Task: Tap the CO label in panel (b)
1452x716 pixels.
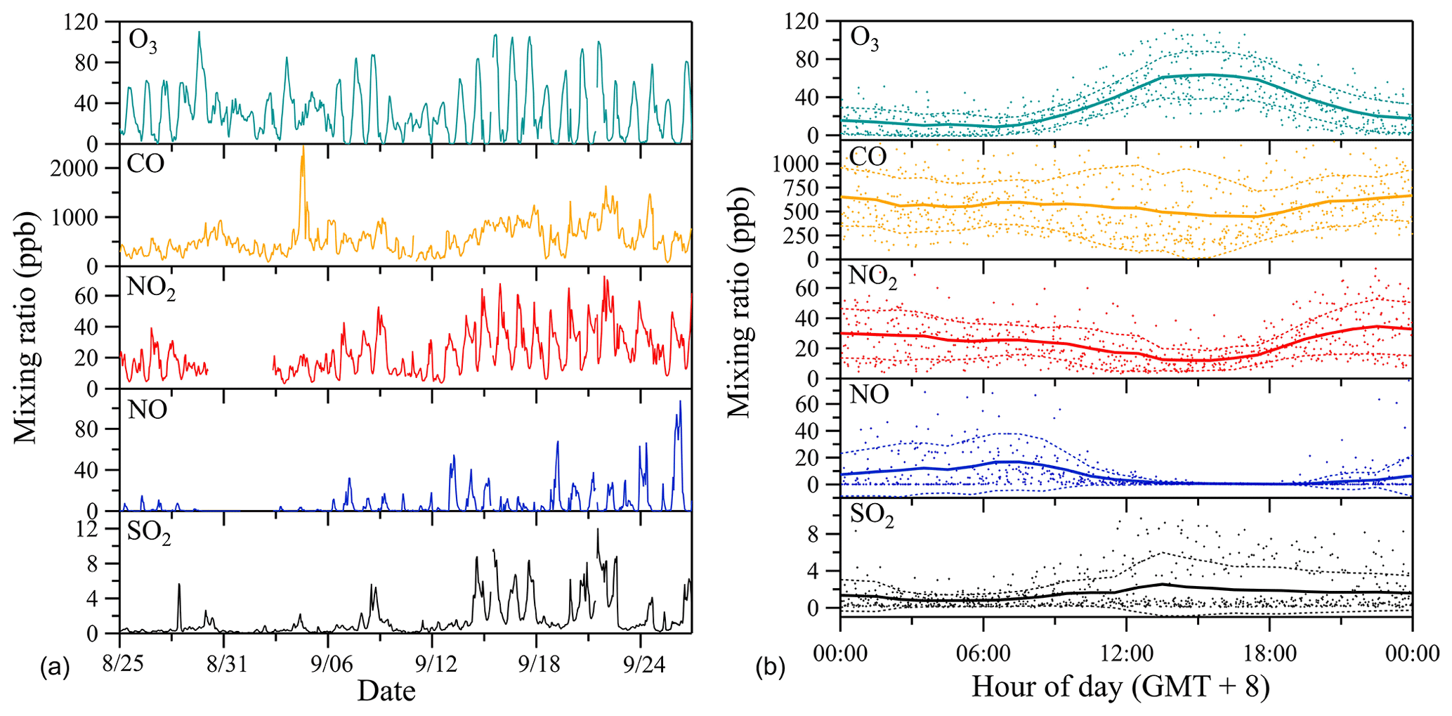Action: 868,157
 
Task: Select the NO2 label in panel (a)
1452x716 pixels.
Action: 150,287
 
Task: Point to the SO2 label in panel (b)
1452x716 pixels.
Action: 872,516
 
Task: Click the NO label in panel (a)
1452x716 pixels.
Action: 148,409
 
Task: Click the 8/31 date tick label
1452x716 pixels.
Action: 227,664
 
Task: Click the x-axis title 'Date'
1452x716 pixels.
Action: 386,691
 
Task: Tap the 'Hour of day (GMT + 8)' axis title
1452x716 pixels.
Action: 1120,686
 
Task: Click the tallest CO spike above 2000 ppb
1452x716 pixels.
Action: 303,149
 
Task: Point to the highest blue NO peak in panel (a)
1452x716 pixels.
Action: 680,402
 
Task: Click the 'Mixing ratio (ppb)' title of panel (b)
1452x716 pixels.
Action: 740,302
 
